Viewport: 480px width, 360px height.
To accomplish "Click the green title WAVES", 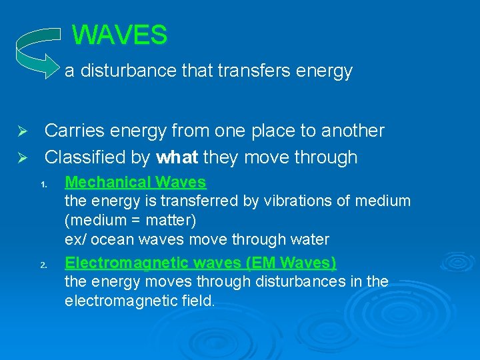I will (119, 35).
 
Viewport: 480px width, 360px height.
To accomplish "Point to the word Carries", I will (75, 131).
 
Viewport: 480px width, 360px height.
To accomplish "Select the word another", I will (353, 131).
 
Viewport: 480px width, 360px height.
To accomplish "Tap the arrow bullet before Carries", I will (21, 131).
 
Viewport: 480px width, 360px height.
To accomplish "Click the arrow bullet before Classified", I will (21, 158).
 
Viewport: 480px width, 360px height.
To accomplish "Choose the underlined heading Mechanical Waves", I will (135, 182).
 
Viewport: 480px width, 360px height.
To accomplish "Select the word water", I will (309, 239).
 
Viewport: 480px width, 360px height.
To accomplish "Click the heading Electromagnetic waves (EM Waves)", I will (200, 263).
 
